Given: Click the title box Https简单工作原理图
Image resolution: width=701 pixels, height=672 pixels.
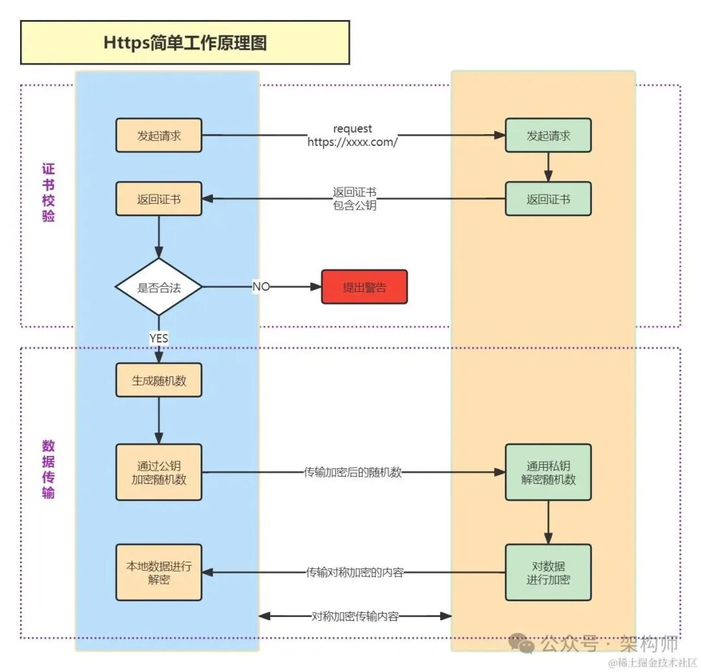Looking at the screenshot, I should coord(185,43).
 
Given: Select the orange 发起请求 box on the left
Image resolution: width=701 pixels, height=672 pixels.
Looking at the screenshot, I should coord(159,136).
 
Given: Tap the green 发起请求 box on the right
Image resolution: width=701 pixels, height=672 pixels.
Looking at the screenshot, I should coord(548,136).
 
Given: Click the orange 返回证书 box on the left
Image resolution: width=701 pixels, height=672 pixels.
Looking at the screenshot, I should coord(159,199).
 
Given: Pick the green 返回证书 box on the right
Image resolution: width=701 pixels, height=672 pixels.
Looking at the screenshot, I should coord(548,199).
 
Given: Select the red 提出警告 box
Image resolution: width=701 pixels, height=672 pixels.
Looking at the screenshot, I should coord(364,287).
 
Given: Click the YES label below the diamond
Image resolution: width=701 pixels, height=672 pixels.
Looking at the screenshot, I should coord(159,338).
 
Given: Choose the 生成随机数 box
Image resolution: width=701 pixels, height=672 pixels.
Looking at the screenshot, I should coord(159,380).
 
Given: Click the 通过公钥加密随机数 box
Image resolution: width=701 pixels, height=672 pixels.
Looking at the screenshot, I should coord(159,472).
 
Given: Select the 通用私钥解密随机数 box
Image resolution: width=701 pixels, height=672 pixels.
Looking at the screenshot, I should coord(548,472).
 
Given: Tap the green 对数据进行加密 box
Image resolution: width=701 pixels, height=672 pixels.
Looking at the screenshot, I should coord(548,572).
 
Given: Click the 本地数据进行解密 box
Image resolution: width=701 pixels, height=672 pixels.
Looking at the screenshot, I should coord(159,572).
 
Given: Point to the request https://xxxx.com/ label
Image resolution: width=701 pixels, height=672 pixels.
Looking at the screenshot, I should coord(352,136).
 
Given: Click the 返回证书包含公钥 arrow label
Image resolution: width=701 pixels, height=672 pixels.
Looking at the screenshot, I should coord(354,199).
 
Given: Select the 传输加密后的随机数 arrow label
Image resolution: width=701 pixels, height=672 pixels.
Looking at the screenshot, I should coord(353,472).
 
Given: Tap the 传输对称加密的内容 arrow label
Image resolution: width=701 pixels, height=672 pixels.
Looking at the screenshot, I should coord(355,573).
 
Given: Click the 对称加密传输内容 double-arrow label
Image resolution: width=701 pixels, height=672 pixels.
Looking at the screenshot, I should coord(355,616).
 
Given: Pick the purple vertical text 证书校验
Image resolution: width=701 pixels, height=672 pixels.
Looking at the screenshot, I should coord(49,193).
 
